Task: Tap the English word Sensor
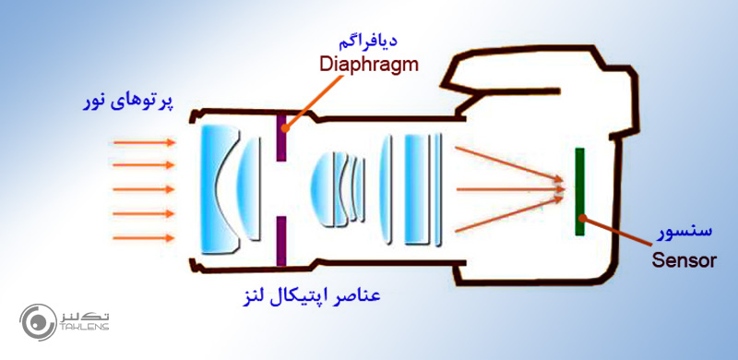tap(684, 260)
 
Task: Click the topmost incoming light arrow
tap(143, 143)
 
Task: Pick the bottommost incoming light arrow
tap(143, 237)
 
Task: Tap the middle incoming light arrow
tap(143, 190)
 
